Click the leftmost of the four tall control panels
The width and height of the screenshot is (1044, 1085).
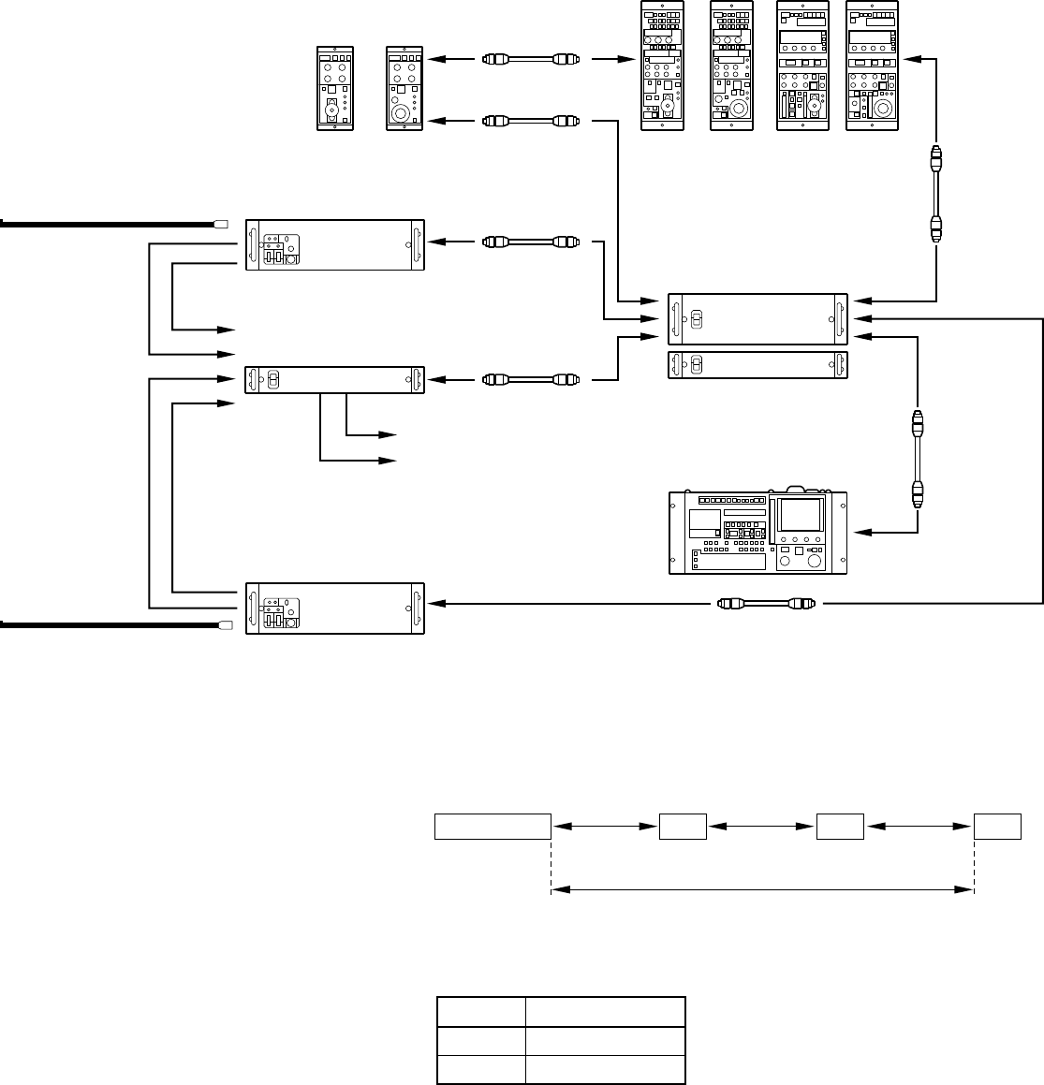662,66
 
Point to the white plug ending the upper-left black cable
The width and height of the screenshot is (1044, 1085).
222,224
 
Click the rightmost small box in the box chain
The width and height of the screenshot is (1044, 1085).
997,828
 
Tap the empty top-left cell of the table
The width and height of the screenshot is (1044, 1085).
480,1012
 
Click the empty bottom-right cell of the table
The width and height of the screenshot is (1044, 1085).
605,1069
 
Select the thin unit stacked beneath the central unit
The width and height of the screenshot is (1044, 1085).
757,365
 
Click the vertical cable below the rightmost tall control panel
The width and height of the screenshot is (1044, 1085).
936,194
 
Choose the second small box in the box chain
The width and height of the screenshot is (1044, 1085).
683,828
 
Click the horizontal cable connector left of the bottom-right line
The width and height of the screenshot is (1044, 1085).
767,604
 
